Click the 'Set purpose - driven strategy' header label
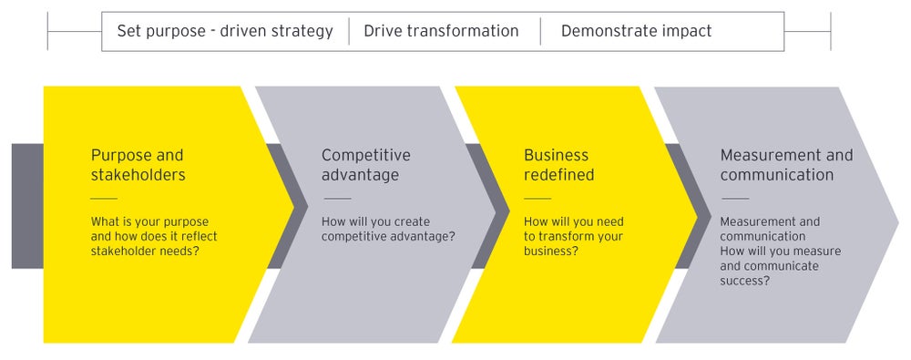coord(225,31)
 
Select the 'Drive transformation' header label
coord(441,31)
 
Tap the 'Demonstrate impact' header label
coord(636,31)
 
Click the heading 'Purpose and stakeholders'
coord(137,164)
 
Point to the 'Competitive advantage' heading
coord(365,164)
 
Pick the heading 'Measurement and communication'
coord(786,164)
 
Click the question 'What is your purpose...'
coord(154,237)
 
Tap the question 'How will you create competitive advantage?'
coord(388,229)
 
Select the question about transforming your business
coord(573,236)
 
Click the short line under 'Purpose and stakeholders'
coord(104,198)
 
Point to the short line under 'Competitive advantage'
coord(337,198)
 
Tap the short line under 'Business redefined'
coord(537,198)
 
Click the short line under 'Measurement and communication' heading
coord(734,198)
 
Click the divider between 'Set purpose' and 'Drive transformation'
coord(349,31)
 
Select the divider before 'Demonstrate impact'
coord(540,31)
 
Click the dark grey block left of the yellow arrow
coord(27,205)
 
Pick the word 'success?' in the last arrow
coord(745,281)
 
